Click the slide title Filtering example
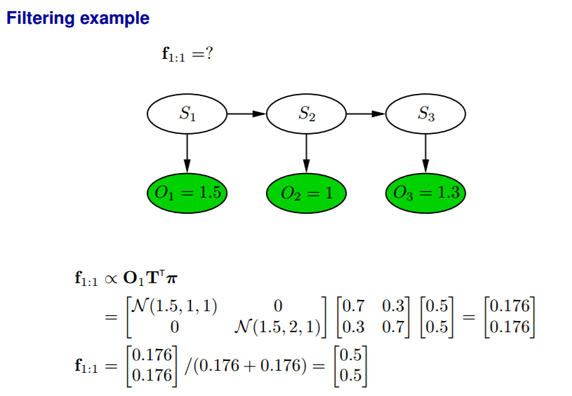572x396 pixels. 78,18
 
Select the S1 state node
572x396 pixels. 187,113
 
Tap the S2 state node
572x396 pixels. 307,113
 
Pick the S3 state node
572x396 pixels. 426,113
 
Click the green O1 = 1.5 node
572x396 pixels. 187,192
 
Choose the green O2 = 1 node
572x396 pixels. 307,192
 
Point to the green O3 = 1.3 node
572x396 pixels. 426,192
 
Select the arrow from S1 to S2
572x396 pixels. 247,113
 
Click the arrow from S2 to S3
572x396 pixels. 366,113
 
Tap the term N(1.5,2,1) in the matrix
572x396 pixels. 277,327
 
